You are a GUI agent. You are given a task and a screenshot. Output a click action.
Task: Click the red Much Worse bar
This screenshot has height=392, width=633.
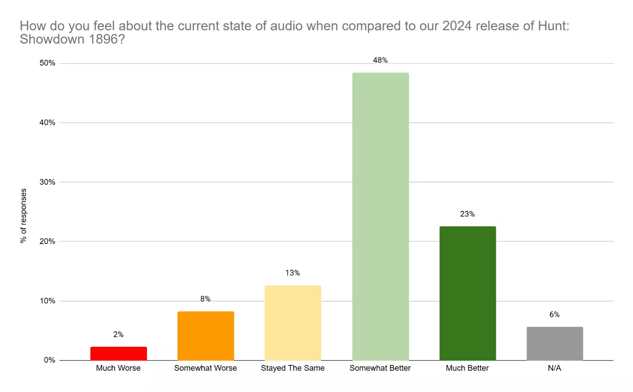(x=119, y=353)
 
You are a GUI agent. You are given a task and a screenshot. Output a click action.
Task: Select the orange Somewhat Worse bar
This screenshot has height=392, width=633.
(x=206, y=336)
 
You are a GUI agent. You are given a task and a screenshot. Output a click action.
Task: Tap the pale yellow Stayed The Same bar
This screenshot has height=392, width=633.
(x=293, y=323)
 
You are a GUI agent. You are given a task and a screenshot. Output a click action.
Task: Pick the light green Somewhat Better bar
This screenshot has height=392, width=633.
(x=380, y=217)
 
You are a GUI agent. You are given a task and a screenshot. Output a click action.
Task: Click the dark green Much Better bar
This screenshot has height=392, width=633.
(x=467, y=293)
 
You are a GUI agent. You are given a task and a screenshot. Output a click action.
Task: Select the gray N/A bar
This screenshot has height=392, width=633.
(x=555, y=343)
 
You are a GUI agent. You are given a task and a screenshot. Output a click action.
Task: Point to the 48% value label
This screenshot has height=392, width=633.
(x=380, y=60)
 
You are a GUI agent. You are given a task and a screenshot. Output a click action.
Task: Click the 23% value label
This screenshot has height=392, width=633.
(x=467, y=214)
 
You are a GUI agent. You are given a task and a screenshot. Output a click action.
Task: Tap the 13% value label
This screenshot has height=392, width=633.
(x=293, y=273)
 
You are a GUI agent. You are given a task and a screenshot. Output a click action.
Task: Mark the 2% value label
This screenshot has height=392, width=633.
(x=118, y=334)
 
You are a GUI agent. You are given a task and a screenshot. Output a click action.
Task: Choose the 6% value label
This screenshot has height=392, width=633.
(x=554, y=314)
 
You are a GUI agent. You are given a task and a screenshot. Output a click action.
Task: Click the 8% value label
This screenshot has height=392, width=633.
(x=205, y=299)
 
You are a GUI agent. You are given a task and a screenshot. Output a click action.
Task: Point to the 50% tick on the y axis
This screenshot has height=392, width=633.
(x=47, y=63)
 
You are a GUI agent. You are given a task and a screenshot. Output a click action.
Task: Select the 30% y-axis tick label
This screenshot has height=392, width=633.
(x=47, y=182)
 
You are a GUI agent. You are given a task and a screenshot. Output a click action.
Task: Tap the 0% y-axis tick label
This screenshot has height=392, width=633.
(x=50, y=360)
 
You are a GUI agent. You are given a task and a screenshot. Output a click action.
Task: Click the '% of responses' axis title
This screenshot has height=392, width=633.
(x=23, y=216)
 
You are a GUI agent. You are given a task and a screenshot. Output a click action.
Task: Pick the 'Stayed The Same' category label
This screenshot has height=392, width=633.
(x=293, y=368)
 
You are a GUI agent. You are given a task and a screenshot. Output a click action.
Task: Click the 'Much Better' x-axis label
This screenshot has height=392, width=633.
(x=467, y=368)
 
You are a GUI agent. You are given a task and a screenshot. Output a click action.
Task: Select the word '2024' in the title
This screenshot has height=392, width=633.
(x=457, y=26)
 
